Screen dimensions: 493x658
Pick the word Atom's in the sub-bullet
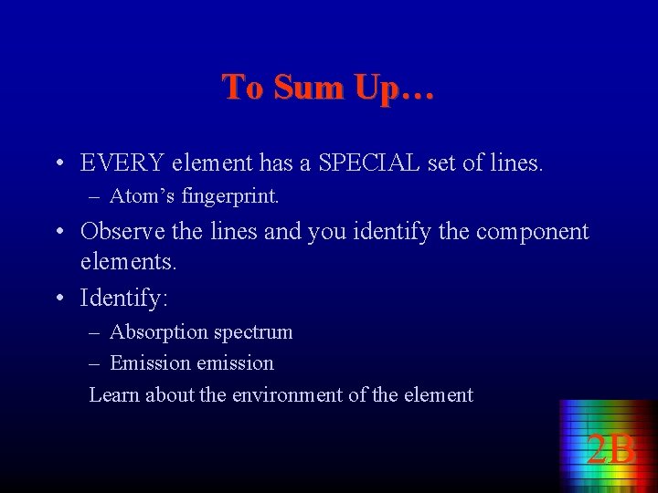click(x=142, y=195)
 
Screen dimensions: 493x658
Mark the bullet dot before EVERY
click(x=58, y=164)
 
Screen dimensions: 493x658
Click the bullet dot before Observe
click(x=58, y=232)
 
